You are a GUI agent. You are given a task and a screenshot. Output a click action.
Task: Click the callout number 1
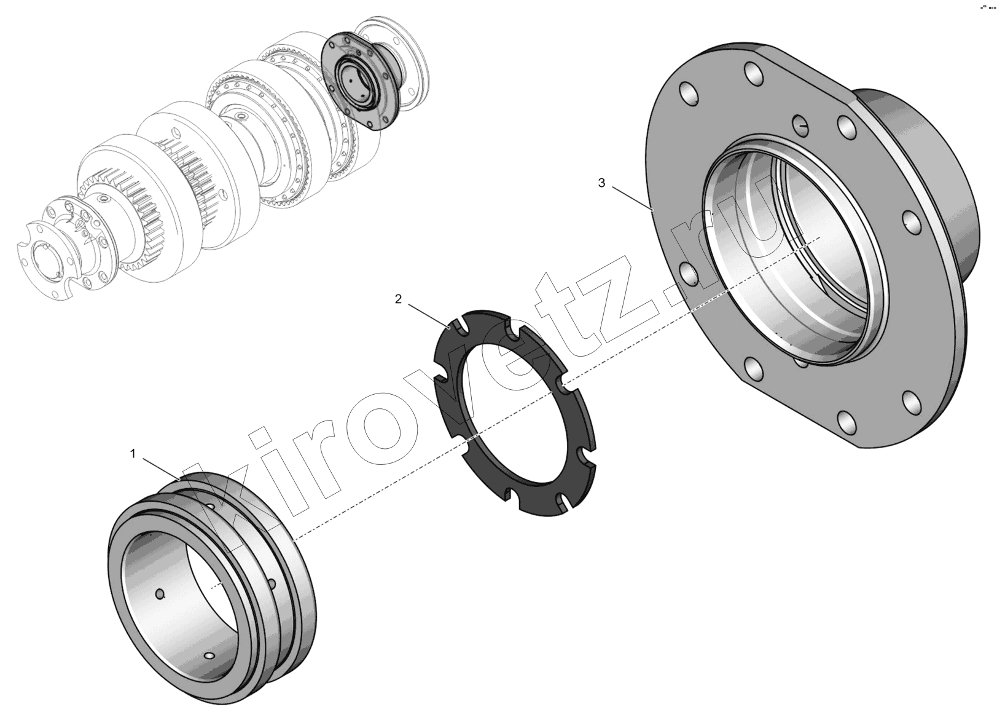132,454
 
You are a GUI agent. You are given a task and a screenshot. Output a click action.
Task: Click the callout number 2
398,299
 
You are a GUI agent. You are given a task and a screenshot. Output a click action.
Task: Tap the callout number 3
601,183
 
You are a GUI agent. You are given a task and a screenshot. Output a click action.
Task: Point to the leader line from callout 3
632,198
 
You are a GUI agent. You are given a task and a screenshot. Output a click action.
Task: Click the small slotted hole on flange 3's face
800,125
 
